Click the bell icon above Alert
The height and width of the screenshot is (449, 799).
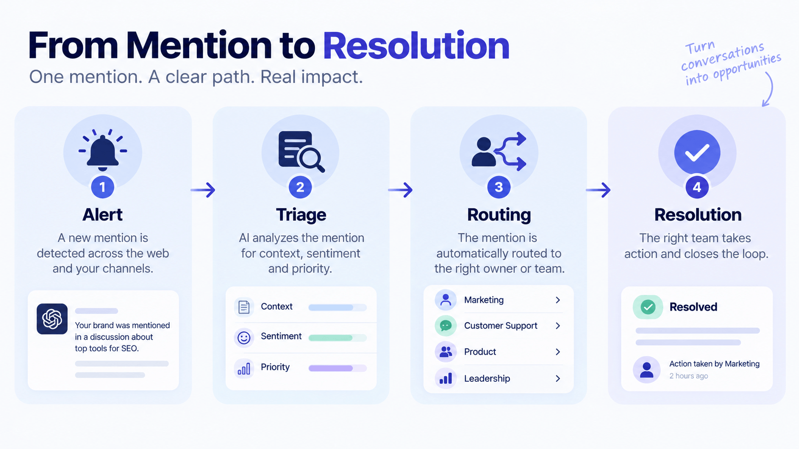(103, 150)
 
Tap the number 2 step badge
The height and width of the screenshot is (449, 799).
(300, 187)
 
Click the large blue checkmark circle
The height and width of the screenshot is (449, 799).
(697, 152)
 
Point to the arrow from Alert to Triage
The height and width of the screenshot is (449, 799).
(203, 190)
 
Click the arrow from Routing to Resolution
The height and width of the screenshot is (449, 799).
(598, 190)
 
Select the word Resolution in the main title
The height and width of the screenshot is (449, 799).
(416, 46)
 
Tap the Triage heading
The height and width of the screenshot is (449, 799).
(301, 215)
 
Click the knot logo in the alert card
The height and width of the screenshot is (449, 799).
(52, 319)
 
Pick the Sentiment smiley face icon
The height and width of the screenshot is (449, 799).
(244, 337)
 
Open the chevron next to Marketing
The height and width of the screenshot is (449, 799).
(558, 300)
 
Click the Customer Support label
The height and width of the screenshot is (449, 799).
(500, 326)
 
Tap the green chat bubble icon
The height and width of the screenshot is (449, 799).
(445, 325)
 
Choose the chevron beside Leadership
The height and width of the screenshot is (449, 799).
(558, 378)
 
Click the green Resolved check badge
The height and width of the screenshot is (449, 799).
(648, 307)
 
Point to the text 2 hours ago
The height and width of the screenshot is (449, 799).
(689, 376)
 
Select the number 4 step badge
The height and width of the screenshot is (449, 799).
(697, 187)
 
